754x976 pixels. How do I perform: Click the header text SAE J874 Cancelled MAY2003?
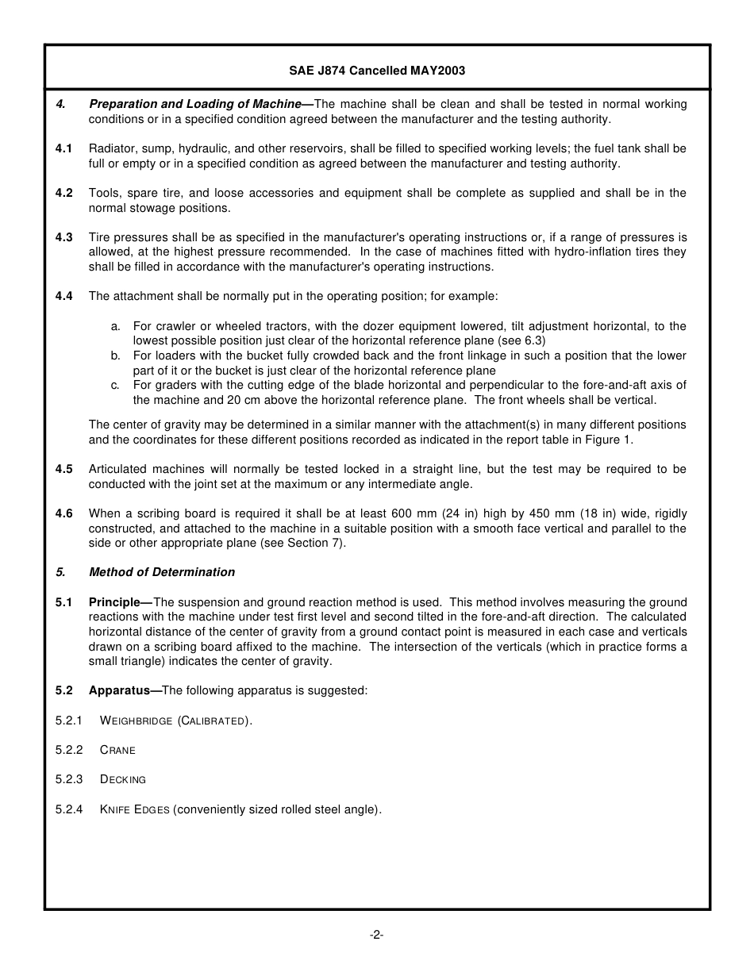point(377,71)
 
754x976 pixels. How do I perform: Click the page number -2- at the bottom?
point(377,935)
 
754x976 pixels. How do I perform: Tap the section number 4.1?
point(64,148)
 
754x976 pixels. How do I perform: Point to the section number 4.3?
point(64,237)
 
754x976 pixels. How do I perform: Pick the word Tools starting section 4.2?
point(103,193)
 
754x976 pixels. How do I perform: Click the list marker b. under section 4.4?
point(116,355)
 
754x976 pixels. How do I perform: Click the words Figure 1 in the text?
point(610,439)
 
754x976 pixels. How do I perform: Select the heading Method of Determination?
point(162,572)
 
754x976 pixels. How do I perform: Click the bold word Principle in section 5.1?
point(114,602)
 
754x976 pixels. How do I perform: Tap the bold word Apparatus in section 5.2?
point(119,690)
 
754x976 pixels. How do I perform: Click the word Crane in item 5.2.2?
point(117,750)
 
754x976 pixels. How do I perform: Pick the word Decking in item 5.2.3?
point(123,780)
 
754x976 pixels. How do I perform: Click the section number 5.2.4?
point(69,809)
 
